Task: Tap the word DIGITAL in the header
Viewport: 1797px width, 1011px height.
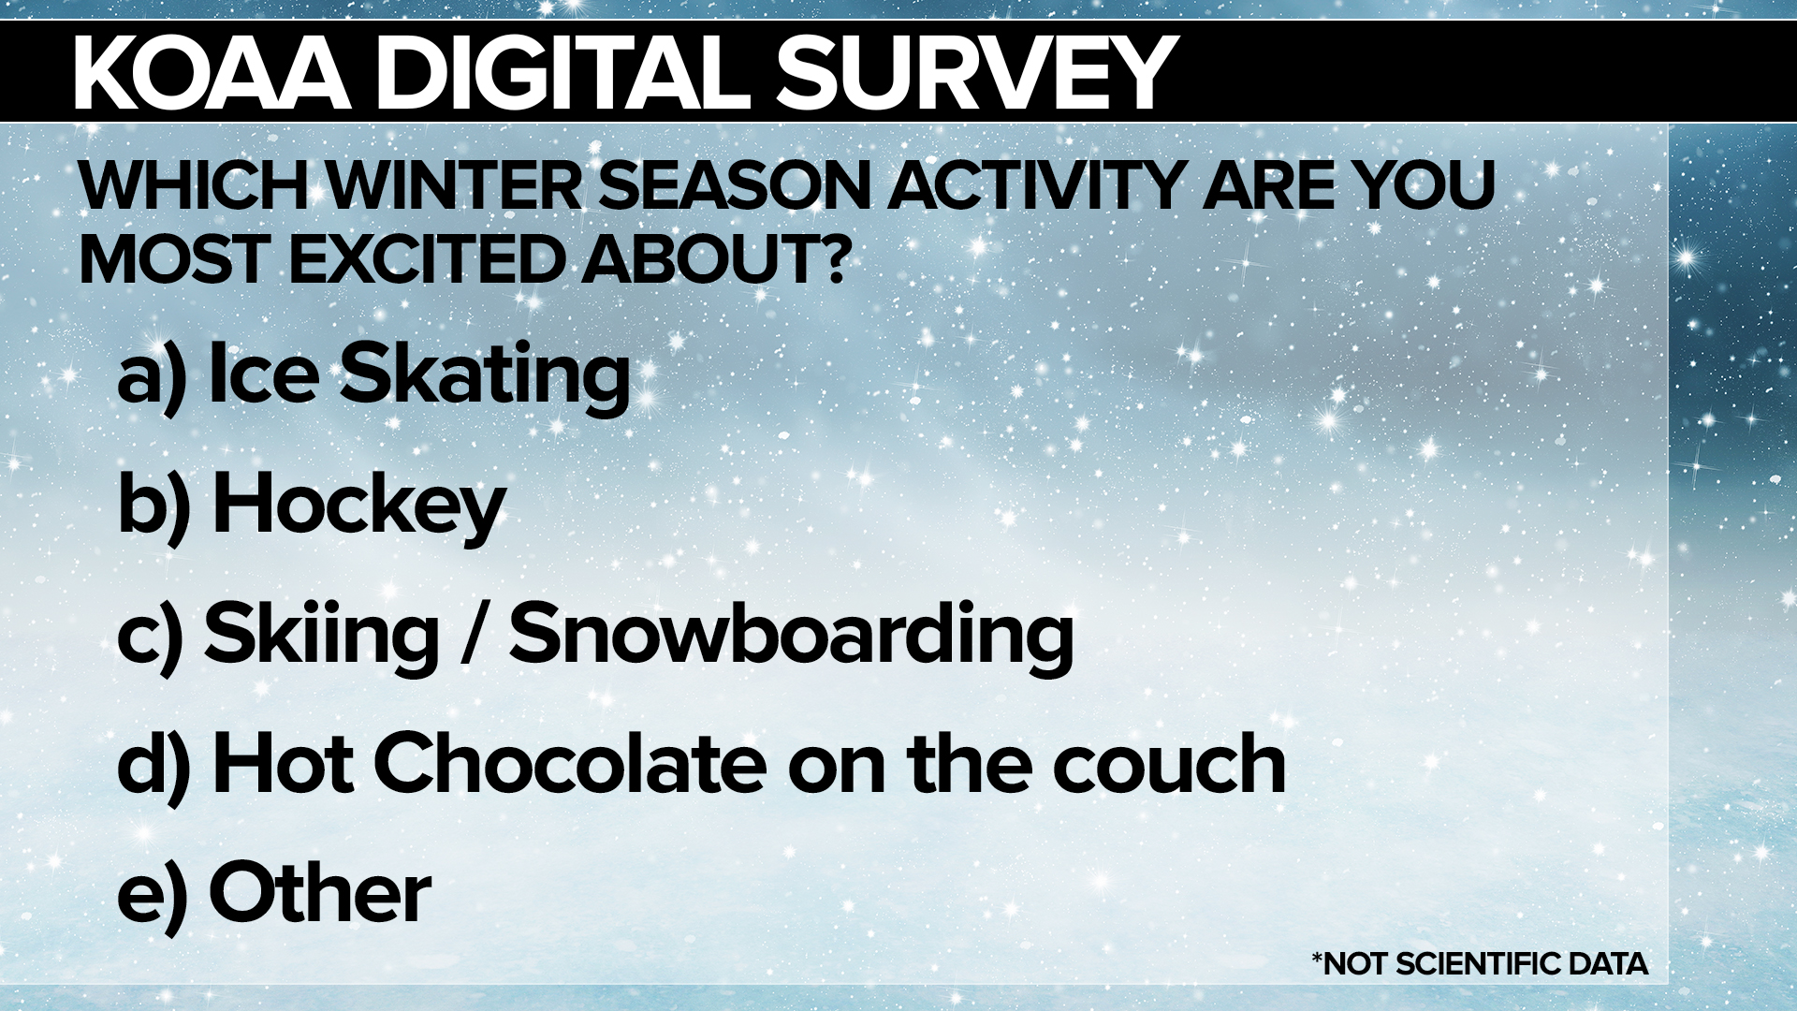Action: pos(564,72)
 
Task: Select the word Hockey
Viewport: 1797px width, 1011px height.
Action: pos(359,505)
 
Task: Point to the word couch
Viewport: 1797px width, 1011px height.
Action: pos(1170,764)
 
